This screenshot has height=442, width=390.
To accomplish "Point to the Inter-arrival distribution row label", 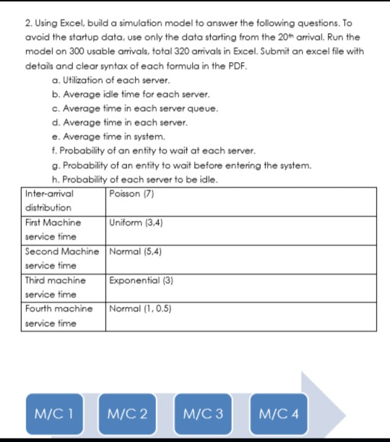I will pos(53,201).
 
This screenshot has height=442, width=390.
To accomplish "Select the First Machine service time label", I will pos(53,230).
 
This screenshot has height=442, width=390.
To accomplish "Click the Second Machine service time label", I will pos(61,259).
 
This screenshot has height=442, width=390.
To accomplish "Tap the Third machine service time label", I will pos(55,287).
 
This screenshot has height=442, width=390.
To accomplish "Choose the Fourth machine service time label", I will pos(58,316).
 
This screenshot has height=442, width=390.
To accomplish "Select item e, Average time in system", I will pos(105,136).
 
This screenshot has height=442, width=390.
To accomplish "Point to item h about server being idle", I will pos(129,179).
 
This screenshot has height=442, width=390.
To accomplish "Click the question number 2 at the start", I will pos(28,9).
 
